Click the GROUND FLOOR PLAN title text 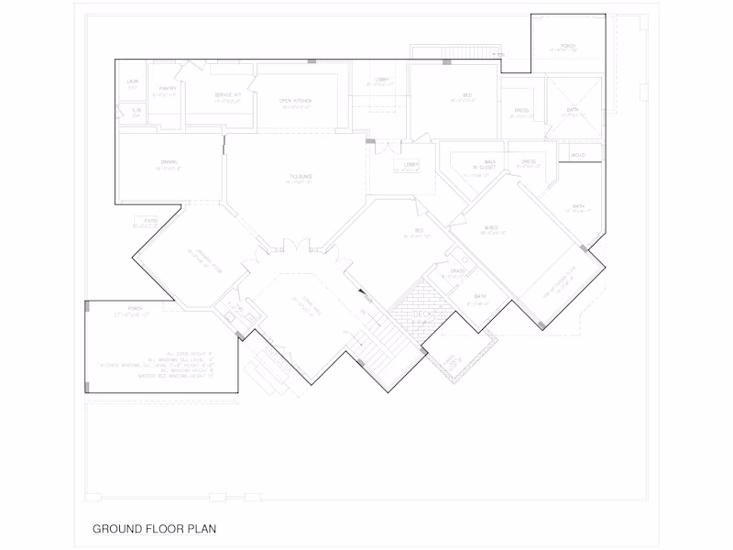[x=154, y=529]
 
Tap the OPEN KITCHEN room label [x=295, y=100]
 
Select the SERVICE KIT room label [x=228, y=95]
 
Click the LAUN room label [x=132, y=82]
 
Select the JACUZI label [x=577, y=155]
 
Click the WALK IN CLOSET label [x=484, y=164]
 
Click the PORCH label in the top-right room [x=568, y=46]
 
